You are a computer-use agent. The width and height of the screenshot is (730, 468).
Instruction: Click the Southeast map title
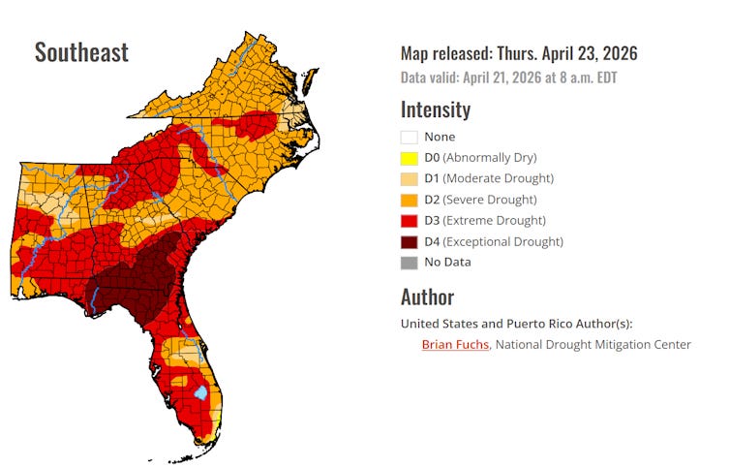click(x=81, y=52)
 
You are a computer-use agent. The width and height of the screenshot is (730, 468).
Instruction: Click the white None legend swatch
click(x=409, y=137)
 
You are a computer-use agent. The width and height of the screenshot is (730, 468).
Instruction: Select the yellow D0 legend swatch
click(x=409, y=158)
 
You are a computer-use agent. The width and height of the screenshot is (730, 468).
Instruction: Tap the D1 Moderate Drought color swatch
click(x=409, y=178)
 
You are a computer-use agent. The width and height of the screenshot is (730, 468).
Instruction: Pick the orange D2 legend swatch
click(x=409, y=200)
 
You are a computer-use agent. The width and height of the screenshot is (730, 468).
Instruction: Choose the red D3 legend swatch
click(x=409, y=221)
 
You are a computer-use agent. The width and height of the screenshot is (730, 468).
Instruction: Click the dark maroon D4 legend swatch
click(x=409, y=241)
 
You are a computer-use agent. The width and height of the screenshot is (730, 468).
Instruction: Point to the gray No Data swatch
click(x=409, y=263)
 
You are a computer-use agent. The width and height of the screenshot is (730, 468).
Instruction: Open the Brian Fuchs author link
click(x=456, y=344)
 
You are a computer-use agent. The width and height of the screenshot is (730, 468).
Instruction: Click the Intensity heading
click(x=436, y=109)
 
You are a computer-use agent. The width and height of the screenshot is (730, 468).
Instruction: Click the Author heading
click(x=427, y=296)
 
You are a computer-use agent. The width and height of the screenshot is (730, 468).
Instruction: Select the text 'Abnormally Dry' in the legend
click(x=493, y=158)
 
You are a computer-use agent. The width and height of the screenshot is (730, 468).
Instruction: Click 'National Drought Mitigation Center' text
click(x=593, y=344)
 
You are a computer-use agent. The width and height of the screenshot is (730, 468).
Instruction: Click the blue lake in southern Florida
click(x=200, y=392)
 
